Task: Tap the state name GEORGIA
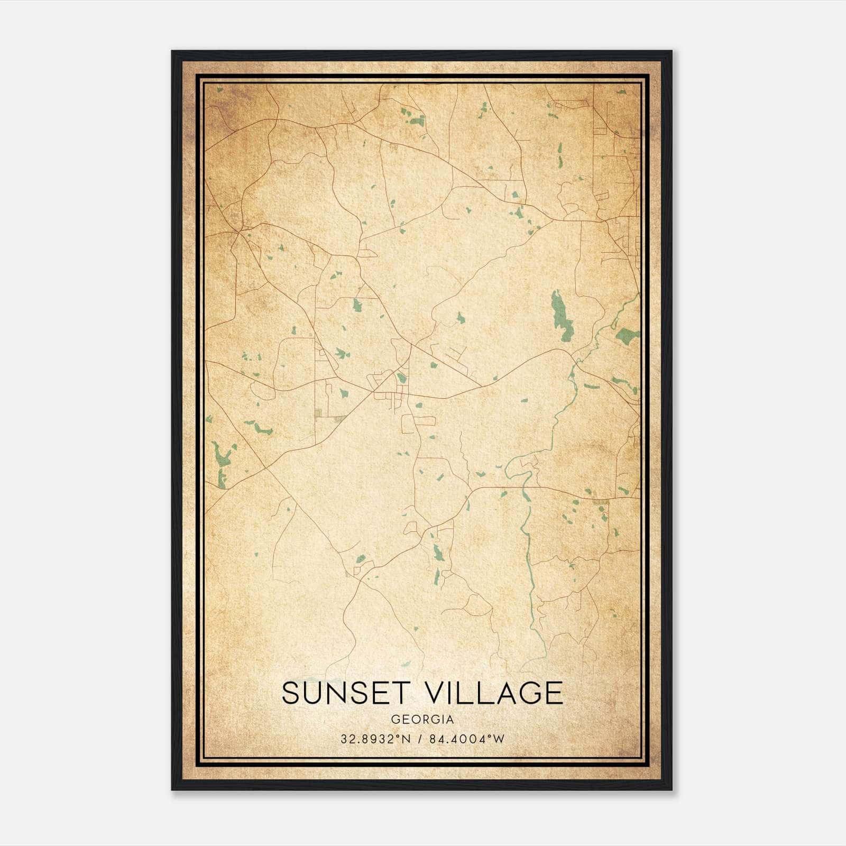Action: tap(422, 720)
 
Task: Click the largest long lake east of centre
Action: tap(560, 316)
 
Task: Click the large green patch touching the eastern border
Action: tap(628, 336)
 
